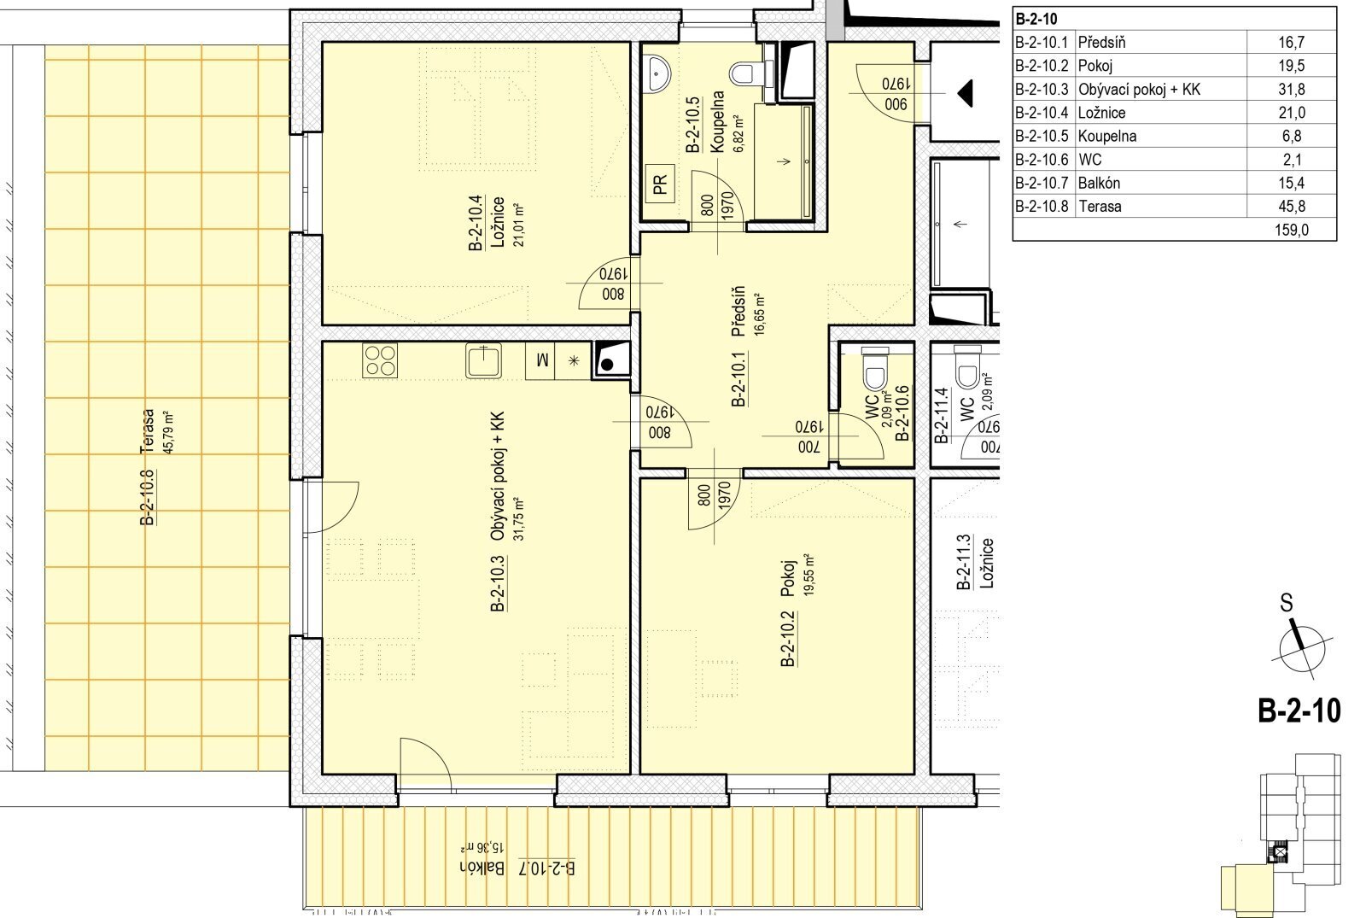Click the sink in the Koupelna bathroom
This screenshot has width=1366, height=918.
click(658, 73)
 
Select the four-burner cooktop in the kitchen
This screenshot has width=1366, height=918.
click(380, 360)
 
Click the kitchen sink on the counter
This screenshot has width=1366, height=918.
click(483, 360)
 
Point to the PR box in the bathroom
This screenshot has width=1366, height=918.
click(660, 183)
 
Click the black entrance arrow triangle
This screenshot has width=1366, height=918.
click(965, 94)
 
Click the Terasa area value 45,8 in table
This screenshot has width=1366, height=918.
click(1292, 206)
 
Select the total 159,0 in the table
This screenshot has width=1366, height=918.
click(1291, 230)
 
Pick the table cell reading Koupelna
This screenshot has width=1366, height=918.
click(1106, 136)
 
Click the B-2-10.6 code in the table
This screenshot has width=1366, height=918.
click(1042, 160)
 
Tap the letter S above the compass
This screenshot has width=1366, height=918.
click(1286, 603)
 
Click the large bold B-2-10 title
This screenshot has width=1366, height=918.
click(1299, 711)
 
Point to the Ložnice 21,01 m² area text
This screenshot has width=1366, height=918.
click(520, 225)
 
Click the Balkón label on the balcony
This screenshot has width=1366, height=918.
click(482, 868)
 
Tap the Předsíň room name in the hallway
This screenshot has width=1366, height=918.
click(738, 311)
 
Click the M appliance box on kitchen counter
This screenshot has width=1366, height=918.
click(541, 360)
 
